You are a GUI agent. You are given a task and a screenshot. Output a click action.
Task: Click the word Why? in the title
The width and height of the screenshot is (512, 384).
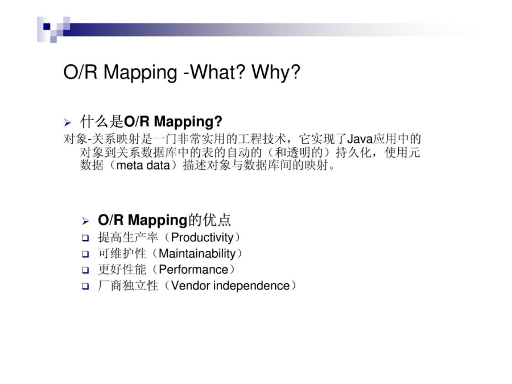(276, 72)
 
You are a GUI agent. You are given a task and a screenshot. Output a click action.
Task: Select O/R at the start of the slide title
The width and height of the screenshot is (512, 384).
(80, 72)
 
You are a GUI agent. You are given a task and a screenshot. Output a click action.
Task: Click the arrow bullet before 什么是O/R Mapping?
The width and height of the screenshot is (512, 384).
(68, 123)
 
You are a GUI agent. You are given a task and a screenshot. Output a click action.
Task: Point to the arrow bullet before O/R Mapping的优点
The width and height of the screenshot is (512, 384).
(85, 221)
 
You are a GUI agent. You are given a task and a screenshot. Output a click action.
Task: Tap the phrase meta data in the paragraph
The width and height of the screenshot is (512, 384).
(143, 165)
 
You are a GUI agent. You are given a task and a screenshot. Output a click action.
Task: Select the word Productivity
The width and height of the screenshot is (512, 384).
(203, 238)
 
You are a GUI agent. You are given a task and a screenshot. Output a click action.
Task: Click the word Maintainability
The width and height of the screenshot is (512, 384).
(197, 254)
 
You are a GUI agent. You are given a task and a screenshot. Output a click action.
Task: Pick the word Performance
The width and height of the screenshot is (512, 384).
(193, 270)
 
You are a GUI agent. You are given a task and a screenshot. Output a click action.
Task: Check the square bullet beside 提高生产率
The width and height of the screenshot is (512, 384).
(85, 238)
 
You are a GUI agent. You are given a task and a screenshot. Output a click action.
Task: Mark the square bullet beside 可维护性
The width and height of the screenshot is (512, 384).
(85, 254)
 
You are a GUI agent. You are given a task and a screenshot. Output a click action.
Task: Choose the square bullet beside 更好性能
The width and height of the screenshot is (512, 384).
(85, 270)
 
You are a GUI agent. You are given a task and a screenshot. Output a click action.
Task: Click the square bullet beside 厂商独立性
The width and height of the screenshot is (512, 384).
(85, 286)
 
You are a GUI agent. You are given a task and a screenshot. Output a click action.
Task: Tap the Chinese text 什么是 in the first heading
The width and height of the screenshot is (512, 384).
(102, 122)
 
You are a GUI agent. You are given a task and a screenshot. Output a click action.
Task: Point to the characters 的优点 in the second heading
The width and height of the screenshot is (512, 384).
(209, 220)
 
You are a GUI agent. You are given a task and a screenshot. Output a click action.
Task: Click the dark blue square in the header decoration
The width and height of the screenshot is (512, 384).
(47, 26)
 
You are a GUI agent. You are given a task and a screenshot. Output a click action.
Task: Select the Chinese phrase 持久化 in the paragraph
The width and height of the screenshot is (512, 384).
(354, 152)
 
